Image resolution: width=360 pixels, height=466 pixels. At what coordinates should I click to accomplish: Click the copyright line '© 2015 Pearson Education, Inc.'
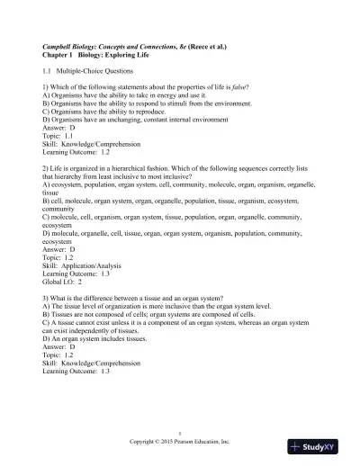[x=180, y=444]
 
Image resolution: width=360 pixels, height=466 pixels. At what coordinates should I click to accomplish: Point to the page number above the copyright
[x=180, y=435]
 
